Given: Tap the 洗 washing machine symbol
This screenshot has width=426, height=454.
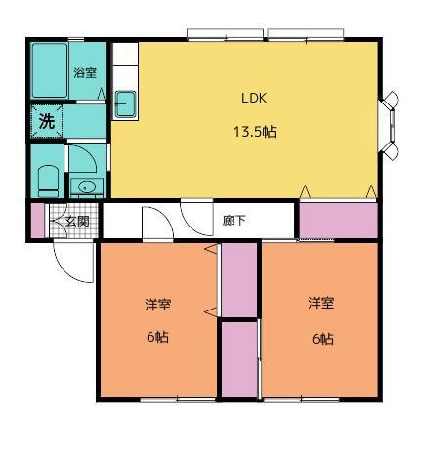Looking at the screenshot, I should pyautogui.click(x=46, y=122).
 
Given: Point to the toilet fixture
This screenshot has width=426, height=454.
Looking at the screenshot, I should pyautogui.click(x=46, y=179).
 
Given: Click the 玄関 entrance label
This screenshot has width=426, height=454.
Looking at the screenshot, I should pyautogui.click(x=77, y=222).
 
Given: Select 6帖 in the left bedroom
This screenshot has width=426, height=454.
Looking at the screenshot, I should pyautogui.click(x=157, y=339).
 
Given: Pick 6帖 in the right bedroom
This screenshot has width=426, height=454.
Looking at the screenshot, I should pyautogui.click(x=321, y=339).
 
